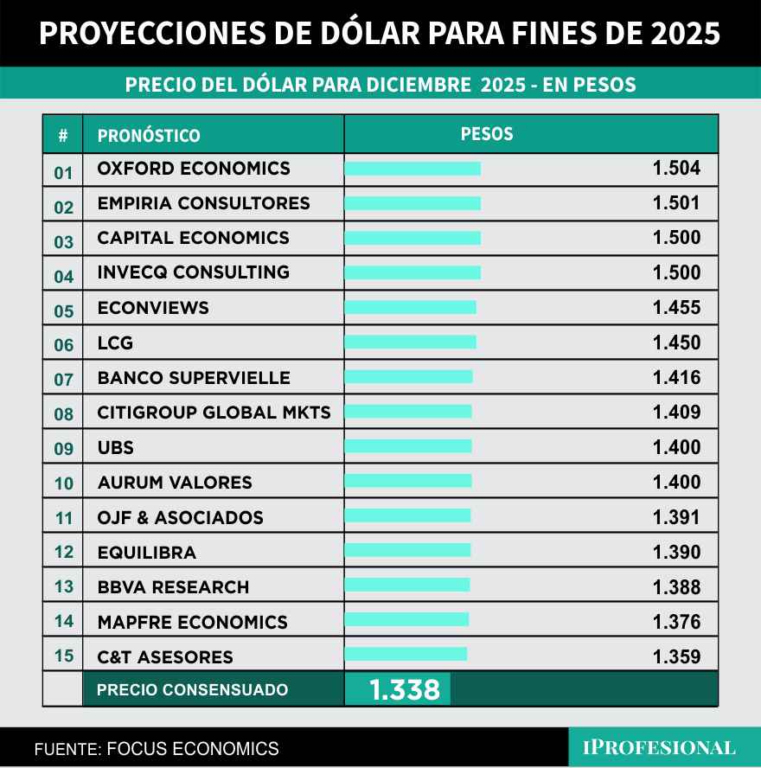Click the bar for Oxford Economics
click(x=412, y=169)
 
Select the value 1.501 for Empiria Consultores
click(x=676, y=203)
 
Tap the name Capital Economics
click(x=193, y=238)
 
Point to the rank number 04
click(x=64, y=277)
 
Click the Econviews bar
click(x=410, y=307)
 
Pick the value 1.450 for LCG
click(x=676, y=342)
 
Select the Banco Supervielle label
click(x=194, y=378)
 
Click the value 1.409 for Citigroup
click(x=676, y=413)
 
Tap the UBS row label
click(x=116, y=448)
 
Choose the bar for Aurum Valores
click(x=408, y=481)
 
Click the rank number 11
click(x=64, y=519)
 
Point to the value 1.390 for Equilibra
click(x=676, y=553)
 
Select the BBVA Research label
click(x=173, y=587)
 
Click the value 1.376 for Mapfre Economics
click(x=676, y=622)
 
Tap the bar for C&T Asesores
click(x=406, y=654)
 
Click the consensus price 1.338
click(x=405, y=690)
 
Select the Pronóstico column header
click(x=149, y=136)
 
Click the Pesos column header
click(x=487, y=134)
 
